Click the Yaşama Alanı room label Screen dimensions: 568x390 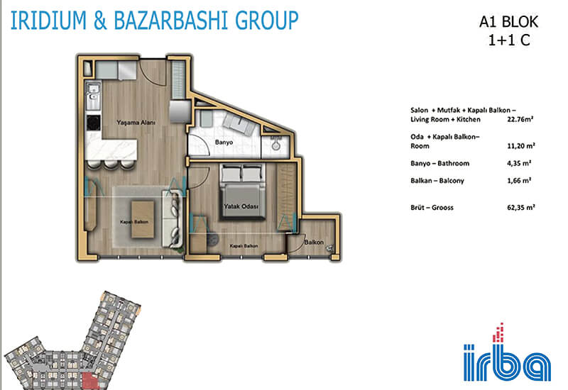pos(136,123)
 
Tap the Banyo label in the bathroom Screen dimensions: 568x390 pos(224,143)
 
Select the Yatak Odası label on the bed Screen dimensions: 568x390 pos(241,206)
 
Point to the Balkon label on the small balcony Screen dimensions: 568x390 pos(314,242)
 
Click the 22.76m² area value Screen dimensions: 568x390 pos(520,119)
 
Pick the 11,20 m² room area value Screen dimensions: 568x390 pos(521,146)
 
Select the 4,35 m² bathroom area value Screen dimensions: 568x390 pos(519,163)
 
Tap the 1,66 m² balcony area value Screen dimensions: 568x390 pos(519,181)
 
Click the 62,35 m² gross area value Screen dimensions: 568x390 pos(521,207)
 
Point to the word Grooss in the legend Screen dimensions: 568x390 pos(442,208)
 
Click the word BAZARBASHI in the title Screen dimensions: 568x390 pos(171,21)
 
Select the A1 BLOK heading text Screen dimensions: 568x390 pos(508,22)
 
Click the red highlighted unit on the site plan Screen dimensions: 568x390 pos(90,381)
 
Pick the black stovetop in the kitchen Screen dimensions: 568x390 pos(93,123)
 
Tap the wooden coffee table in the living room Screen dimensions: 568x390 pos(143,220)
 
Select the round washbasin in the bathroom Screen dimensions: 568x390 pos(276,146)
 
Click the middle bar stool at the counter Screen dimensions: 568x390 pos(111,165)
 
